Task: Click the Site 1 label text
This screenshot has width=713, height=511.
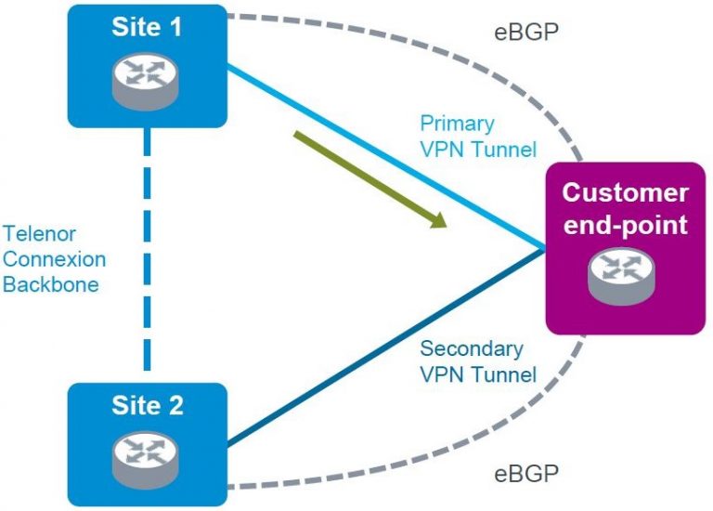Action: point(147,27)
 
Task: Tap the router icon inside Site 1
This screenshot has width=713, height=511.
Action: point(147,81)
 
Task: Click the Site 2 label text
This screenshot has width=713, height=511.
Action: point(147,406)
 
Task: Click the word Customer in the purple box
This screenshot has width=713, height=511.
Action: point(626,193)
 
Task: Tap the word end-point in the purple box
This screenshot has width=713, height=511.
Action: point(626,225)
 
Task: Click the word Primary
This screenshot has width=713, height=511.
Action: point(457,123)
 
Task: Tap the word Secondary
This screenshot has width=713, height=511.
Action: point(472,349)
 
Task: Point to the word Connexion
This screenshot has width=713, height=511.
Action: point(54,258)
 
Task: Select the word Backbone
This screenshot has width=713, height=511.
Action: point(50,283)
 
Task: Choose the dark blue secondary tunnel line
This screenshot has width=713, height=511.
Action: point(371,353)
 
